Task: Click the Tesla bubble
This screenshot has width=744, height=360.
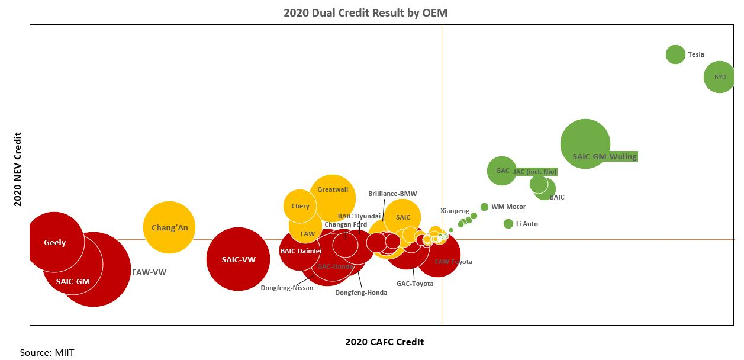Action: (675, 54)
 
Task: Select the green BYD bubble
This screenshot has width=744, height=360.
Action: (719, 77)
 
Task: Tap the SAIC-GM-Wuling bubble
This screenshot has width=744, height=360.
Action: (585, 144)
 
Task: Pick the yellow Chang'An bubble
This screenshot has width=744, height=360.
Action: (169, 227)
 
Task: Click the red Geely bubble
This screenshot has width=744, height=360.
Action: (54, 242)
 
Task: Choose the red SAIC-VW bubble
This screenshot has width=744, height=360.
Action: (238, 259)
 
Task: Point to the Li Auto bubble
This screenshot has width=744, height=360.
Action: (508, 224)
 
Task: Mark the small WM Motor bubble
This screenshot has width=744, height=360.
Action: (484, 207)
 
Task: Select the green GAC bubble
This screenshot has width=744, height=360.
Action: (502, 171)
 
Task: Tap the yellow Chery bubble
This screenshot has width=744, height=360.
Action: (300, 206)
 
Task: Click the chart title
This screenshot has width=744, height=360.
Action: (365, 12)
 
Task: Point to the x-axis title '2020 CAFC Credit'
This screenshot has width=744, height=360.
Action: (384, 342)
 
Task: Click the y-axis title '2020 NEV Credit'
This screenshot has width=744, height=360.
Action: (18, 169)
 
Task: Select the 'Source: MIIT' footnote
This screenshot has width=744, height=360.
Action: (47, 352)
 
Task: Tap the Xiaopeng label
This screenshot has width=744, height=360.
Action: (455, 211)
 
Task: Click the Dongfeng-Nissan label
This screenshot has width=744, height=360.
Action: (287, 288)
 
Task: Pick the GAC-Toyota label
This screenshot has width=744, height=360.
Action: (415, 284)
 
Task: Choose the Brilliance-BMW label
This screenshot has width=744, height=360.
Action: (392, 194)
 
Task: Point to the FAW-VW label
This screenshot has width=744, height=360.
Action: (149, 273)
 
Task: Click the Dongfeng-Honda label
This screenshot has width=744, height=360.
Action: (361, 292)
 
